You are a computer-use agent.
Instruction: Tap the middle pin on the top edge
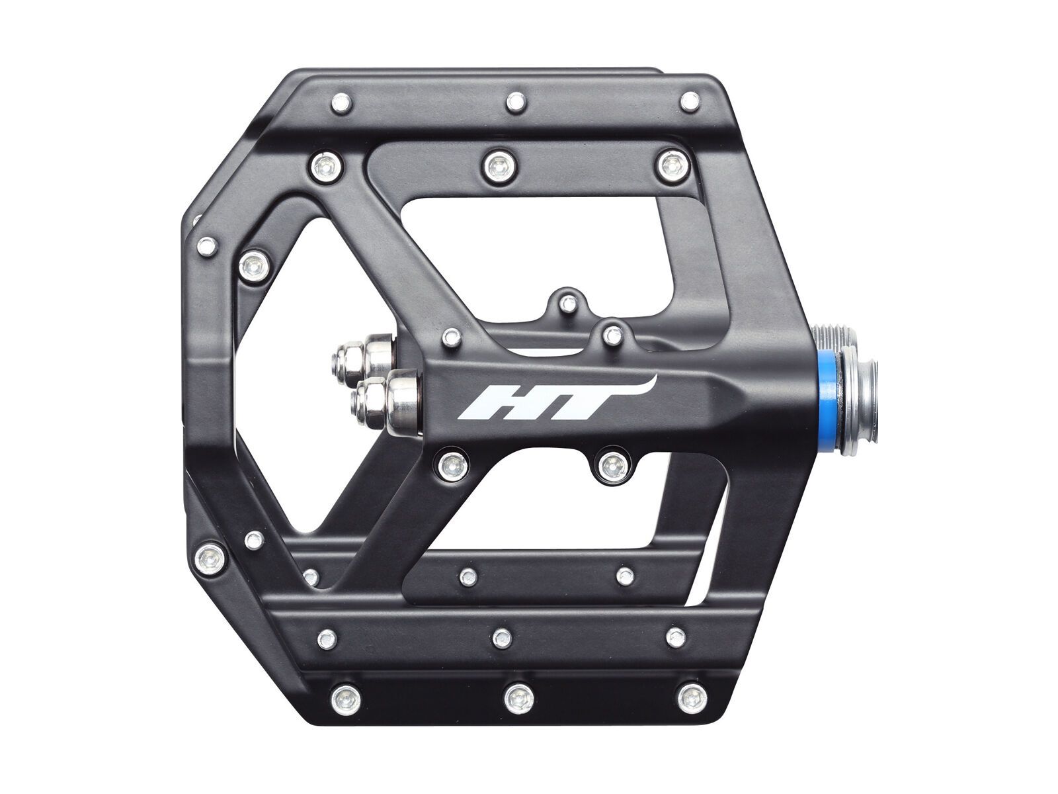515,102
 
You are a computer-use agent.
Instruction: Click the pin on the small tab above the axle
565,304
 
